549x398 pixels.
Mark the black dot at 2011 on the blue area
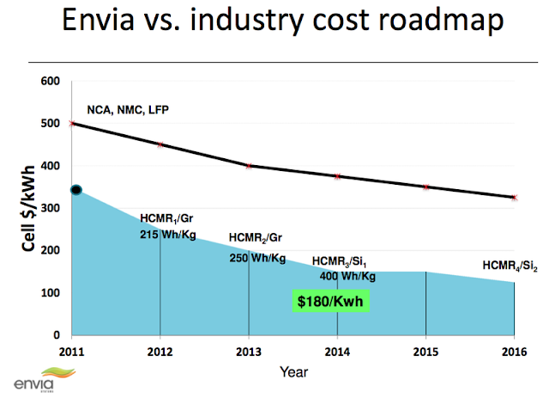pyautogui.click(x=75, y=190)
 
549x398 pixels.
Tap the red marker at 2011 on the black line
pyautogui.click(x=71, y=123)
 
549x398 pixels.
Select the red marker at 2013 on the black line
pyautogui.click(x=249, y=165)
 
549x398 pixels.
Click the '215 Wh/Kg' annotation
pyautogui.click(x=168, y=233)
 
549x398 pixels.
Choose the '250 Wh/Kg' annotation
pyautogui.click(x=256, y=256)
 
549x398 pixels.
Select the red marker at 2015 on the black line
pyautogui.click(x=425, y=187)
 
